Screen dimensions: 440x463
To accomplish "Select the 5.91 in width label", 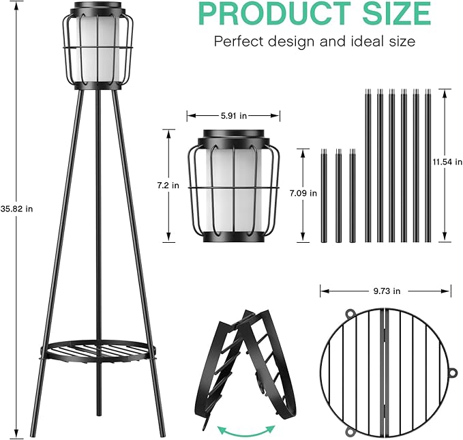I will (x=233, y=116).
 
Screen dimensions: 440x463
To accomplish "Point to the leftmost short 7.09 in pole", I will (x=323, y=196).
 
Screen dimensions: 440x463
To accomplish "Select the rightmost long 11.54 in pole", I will (x=428, y=165).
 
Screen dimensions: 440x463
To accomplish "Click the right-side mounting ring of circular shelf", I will (x=452, y=373).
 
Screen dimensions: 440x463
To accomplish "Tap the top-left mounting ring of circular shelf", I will (x=349, y=314).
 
